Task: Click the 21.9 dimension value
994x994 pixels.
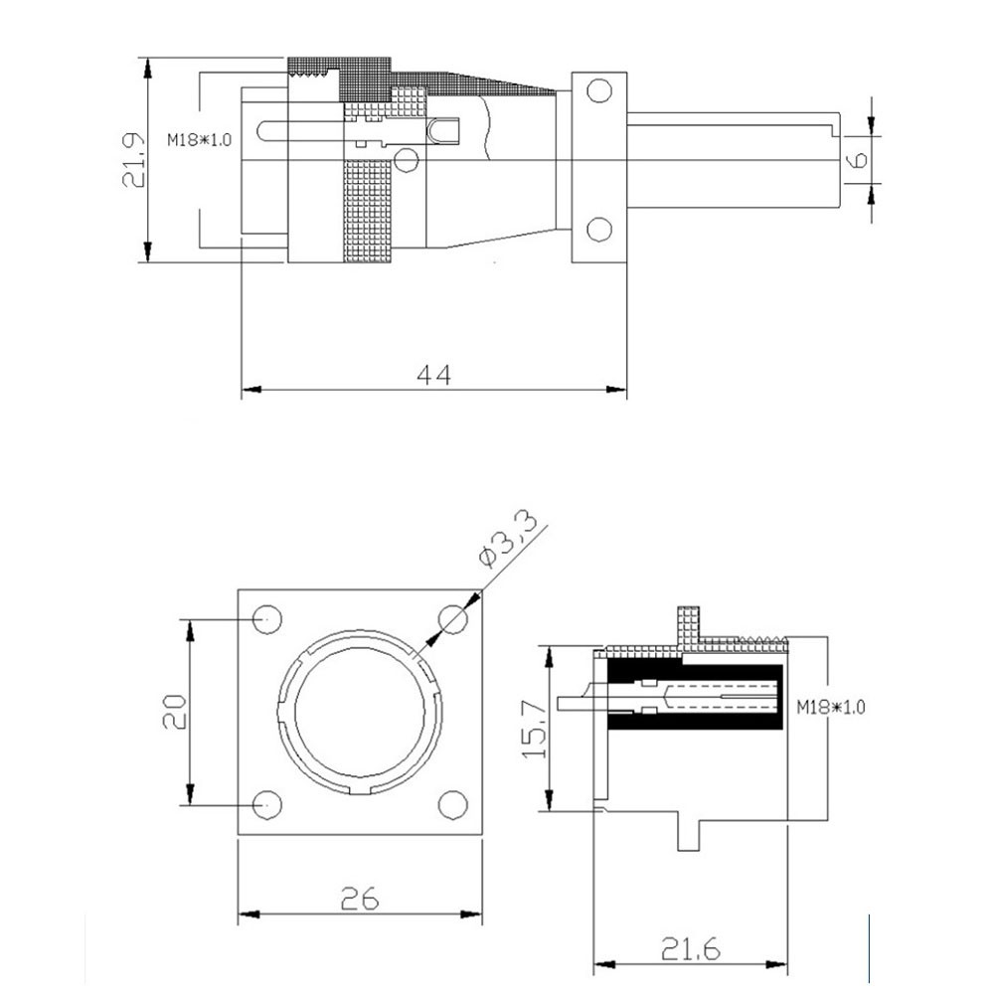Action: (134, 160)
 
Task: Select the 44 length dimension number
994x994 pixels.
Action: (434, 376)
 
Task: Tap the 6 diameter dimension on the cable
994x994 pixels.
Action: (858, 159)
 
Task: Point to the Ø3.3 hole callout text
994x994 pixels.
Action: (508, 537)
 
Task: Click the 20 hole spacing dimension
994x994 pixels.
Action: (174, 712)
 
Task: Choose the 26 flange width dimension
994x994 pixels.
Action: (360, 899)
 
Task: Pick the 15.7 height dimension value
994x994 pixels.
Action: (535, 729)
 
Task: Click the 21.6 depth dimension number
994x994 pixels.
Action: (691, 949)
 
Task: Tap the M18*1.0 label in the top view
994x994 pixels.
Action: (199, 139)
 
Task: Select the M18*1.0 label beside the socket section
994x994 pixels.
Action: (830, 706)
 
